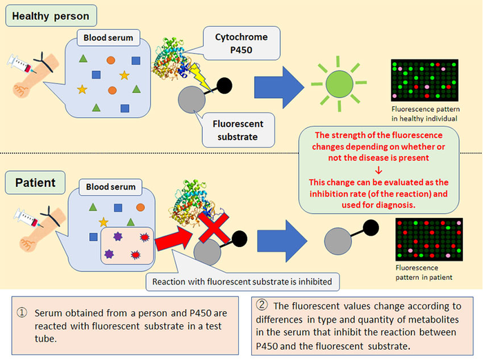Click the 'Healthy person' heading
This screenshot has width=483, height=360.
pyautogui.click(x=52, y=14)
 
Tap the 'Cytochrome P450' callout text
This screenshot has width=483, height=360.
pyautogui.click(x=237, y=42)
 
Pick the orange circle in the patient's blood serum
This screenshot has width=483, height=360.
pyautogui.click(x=140, y=206)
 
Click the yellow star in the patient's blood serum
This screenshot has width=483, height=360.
pyautogui.click(x=103, y=221)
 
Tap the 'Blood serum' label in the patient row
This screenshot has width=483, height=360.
pyautogui.click(x=110, y=187)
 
